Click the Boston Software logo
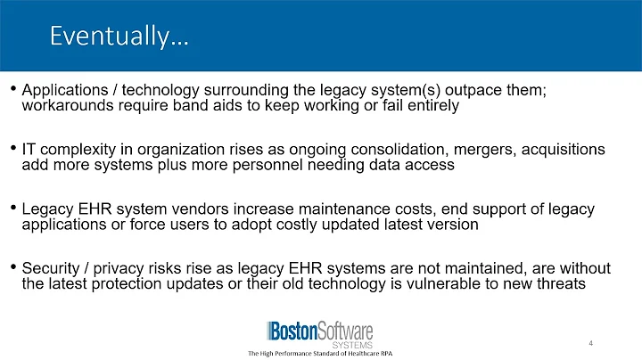click(x=319, y=329)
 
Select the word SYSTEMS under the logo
click(x=351, y=344)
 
